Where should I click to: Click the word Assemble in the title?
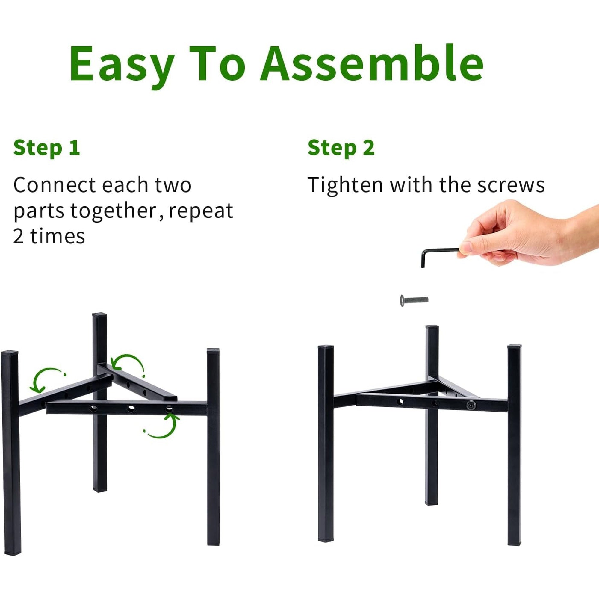pyautogui.click(x=371, y=63)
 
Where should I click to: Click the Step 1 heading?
pyautogui.click(x=46, y=148)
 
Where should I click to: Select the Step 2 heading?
pyautogui.click(x=341, y=148)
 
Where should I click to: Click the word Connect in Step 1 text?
pyautogui.click(x=55, y=185)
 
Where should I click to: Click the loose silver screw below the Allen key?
pyautogui.click(x=414, y=300)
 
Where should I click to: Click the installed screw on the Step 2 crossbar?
pyautogui.click(x=471, y=405)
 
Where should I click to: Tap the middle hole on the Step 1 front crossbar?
pyautogui.click(x=131, y=409)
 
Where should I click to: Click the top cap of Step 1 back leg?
pyautogui.click(x=99, y=316)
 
